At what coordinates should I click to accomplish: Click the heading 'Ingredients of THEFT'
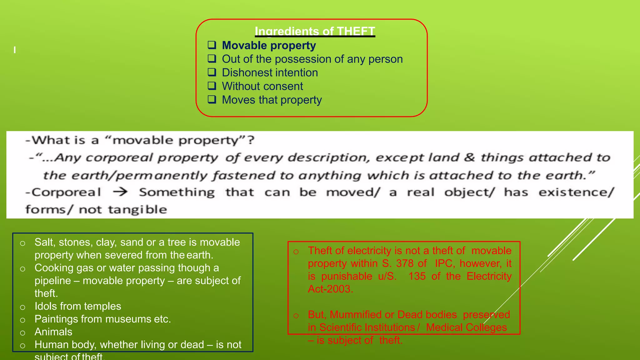coord(315,31)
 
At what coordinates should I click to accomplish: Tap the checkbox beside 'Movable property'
coord(212,45)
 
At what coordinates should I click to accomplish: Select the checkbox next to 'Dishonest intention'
coord(212,72)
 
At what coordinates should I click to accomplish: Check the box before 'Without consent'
coord(212,86)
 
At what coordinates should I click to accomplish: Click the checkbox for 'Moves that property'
coord(212,100)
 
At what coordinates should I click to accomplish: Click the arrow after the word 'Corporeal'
coord(120,192)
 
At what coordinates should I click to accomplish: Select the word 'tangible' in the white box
coord(137,209)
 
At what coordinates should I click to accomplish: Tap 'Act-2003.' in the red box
coord(330,289)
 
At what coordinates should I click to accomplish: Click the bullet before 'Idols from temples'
coord(22,307)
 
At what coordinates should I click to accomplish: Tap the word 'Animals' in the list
coord(53,332)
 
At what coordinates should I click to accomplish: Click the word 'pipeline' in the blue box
coord(52,281)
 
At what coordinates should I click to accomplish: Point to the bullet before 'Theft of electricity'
coord(296,252)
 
